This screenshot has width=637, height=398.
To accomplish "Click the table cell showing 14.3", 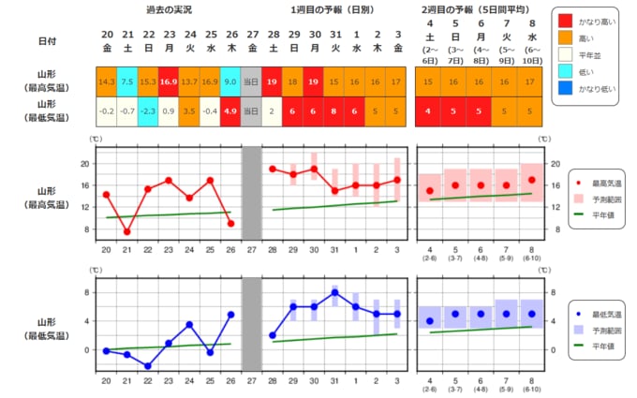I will pos(106,81).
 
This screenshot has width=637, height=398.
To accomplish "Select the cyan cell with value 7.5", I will pos(127,81).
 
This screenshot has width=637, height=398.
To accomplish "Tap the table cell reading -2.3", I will pos(148,111).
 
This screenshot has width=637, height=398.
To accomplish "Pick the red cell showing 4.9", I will pos(230,111).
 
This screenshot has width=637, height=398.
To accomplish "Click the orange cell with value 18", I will pos(292,81).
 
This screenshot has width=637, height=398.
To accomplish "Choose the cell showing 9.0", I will pos(230,81).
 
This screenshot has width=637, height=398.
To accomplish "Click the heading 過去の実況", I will pos(168,8).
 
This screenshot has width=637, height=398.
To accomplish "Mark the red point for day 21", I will pos(127,231).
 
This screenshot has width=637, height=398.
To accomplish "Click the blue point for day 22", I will pos(148,366).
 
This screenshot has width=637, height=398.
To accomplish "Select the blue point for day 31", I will pos(334,292).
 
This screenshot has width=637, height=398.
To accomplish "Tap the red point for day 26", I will pos(230,223).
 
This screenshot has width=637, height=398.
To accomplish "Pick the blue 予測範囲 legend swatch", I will pos(579,331).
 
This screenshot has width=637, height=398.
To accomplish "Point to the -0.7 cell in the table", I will pos(127,111).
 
